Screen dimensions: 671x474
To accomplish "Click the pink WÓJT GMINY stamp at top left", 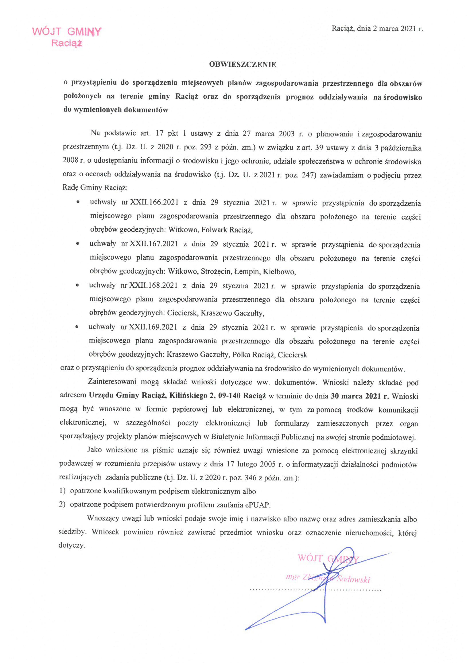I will [x=67, y=37].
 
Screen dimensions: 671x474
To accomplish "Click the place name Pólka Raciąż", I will [x=254, y=355].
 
